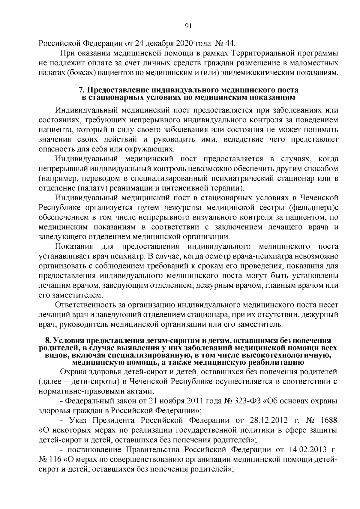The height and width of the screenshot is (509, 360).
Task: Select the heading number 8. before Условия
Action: [48, 340]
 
